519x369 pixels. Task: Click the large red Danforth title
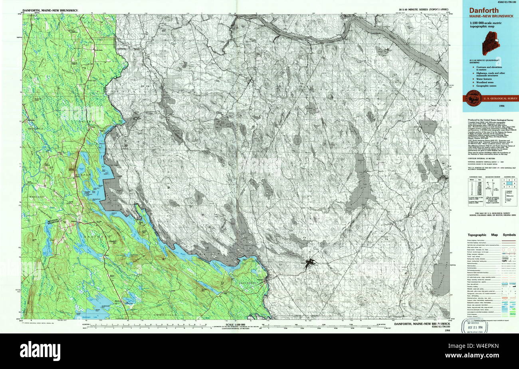(481, 11)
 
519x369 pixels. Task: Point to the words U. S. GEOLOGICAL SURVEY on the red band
(500, 98)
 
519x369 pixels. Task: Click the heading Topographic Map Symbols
(491, 235)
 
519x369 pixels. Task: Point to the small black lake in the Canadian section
(310, 262)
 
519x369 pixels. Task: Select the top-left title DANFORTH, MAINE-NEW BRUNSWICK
(50, 10)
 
